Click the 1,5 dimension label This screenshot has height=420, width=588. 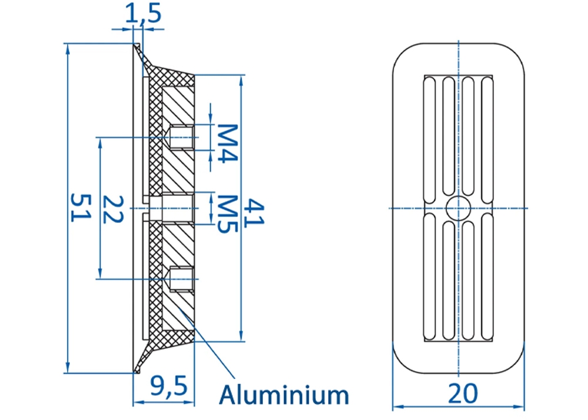point(143,14)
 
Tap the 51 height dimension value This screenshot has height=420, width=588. point(81,208)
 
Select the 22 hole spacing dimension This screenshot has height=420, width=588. point(113,209)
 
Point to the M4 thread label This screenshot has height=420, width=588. point(228,144)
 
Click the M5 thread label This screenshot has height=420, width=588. point(228,214)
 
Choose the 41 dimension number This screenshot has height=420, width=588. point(254,213)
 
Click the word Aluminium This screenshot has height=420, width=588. point(284,395)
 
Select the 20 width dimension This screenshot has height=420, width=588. point(463,394)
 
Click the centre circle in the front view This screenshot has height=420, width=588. point(458,208)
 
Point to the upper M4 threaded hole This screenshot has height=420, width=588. point(182,137)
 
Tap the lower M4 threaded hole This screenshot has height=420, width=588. point(182,279)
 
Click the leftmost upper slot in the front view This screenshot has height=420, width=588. point(430,140)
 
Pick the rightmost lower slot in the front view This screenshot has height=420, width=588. point(487,276)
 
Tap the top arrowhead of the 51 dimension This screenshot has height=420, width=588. point(68,49)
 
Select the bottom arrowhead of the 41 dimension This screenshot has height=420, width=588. point(241,336)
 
